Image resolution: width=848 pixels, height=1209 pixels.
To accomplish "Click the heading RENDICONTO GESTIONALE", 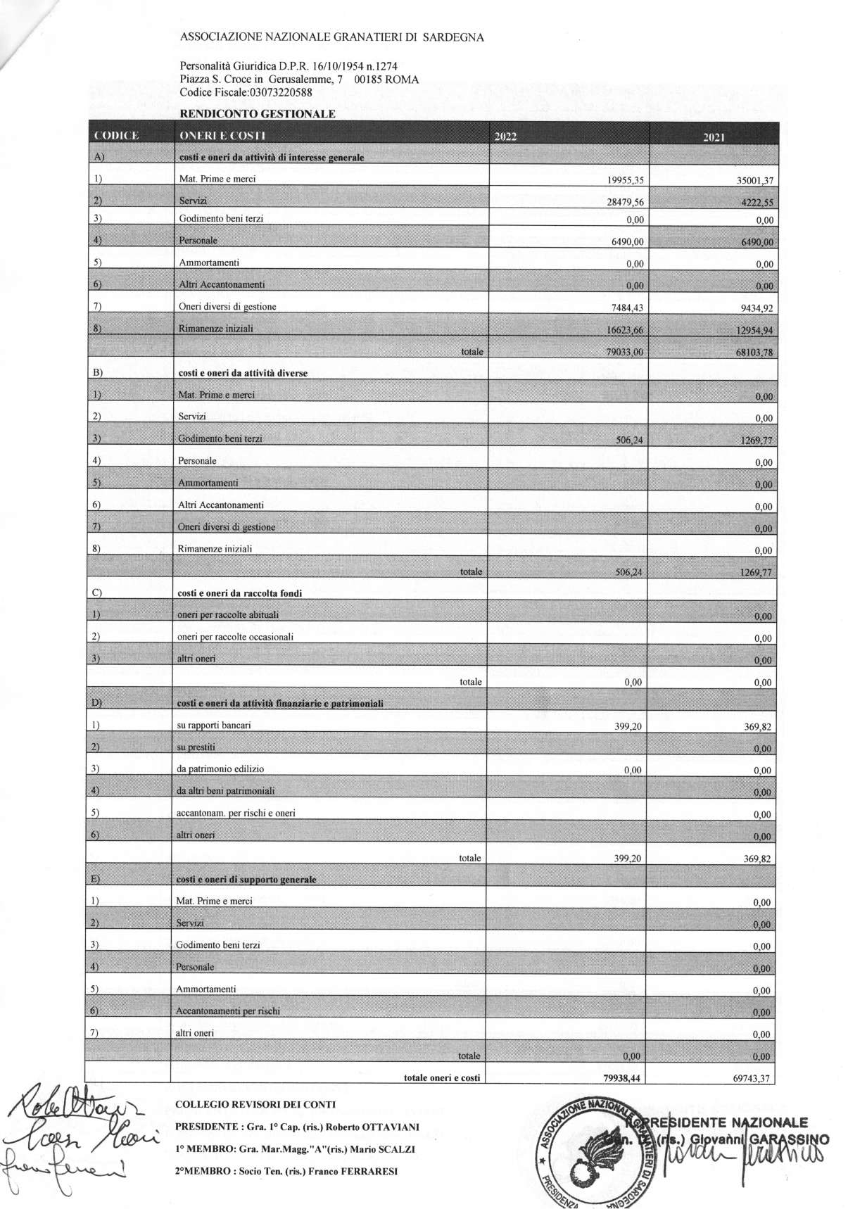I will [258, 113].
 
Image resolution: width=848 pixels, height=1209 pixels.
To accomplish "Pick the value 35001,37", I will [753, 181].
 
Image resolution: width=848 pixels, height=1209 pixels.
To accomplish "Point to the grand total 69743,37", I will [749, 1078].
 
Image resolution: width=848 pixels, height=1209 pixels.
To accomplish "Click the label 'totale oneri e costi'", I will [441, 1077].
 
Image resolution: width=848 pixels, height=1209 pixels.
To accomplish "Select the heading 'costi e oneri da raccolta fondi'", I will [240, 593].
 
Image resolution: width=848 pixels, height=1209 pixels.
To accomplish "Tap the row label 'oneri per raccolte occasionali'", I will [235, 637].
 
